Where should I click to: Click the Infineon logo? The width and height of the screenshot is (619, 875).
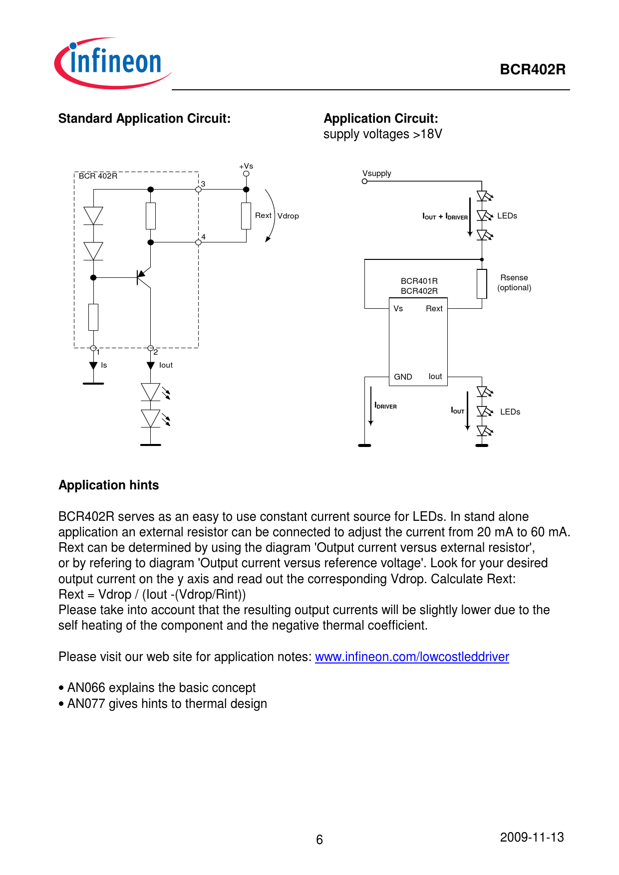[112, 63]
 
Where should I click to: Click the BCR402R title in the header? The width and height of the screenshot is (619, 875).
[532, 69]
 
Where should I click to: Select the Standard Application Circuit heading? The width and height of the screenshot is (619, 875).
[144, 119]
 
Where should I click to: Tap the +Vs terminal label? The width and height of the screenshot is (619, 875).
[246, 166]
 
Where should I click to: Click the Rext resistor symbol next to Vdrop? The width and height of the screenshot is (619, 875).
[246, 216]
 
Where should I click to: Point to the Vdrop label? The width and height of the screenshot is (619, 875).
[288, 216]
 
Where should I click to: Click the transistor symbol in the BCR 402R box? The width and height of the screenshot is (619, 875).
[143, 278]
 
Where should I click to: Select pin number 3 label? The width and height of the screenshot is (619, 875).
[203, 184]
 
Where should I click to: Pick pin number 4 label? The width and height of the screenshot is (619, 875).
[203, 237]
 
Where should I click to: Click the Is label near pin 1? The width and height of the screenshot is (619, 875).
[104, 365]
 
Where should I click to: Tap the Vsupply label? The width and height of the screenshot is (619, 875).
[377, 174]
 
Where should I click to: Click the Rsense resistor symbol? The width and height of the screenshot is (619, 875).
[482, 284]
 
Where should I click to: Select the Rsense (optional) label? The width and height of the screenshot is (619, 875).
[514, 283]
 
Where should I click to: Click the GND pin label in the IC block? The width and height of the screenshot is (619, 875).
[403, 377]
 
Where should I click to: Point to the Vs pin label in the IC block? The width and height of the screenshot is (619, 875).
[398, 309]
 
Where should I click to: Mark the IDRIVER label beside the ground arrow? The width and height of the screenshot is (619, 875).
[386, 406]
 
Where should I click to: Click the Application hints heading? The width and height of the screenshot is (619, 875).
[109, 485]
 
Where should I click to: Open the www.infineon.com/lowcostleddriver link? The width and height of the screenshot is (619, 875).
[412, 657]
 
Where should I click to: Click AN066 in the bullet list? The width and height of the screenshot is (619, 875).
[86, 688]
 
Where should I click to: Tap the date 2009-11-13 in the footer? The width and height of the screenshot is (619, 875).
[532, 837]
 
